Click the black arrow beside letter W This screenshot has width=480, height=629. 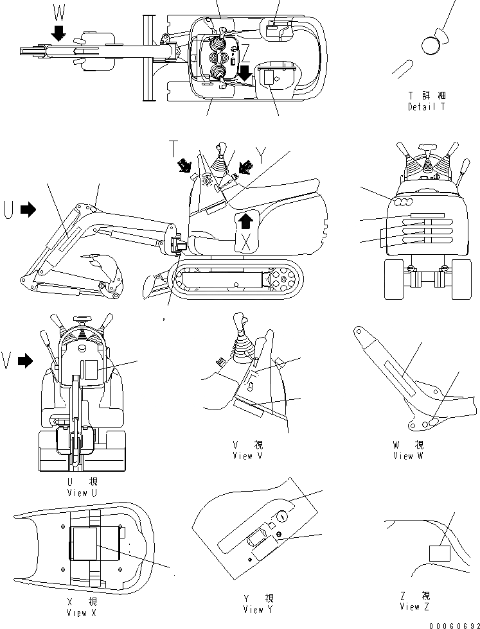[59, 33]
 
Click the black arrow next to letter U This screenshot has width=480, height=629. [28, 209]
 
